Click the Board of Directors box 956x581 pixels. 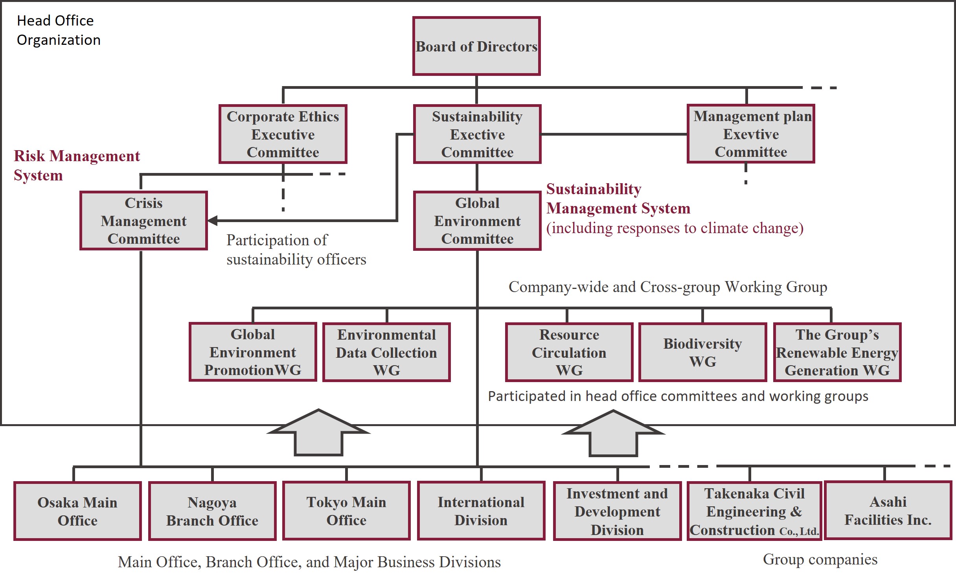click(x=476, y=46)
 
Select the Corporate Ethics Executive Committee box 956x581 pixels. click(x=283, y=134)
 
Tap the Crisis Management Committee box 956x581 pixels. click(x=143, y=221)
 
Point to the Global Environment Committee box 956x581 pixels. click(x=477, y=221)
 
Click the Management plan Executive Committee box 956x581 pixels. click(x=751, y=134)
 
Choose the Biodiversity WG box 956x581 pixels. click(x=703, y=352)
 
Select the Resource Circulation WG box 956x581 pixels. click(x=569, y=352)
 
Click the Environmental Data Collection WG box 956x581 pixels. click(x=386, y=352)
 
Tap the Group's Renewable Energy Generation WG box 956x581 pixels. click(x=837, y=352)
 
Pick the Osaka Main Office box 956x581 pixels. click(x=77, y=511)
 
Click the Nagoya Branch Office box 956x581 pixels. click(x=212, y=511)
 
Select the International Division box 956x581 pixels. click(x=481, y=511)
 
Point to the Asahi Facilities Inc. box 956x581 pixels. click(x=888, y=511)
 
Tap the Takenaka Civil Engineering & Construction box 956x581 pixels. click(x=754, y=511)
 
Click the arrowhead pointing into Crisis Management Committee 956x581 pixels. click(x=213, y=221)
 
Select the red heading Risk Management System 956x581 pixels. click(x=77, y=165)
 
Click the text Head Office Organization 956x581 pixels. click(x=59, y=30)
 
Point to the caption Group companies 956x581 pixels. click(x=820, y=559)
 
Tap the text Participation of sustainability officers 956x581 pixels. click(x=296, y=250)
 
